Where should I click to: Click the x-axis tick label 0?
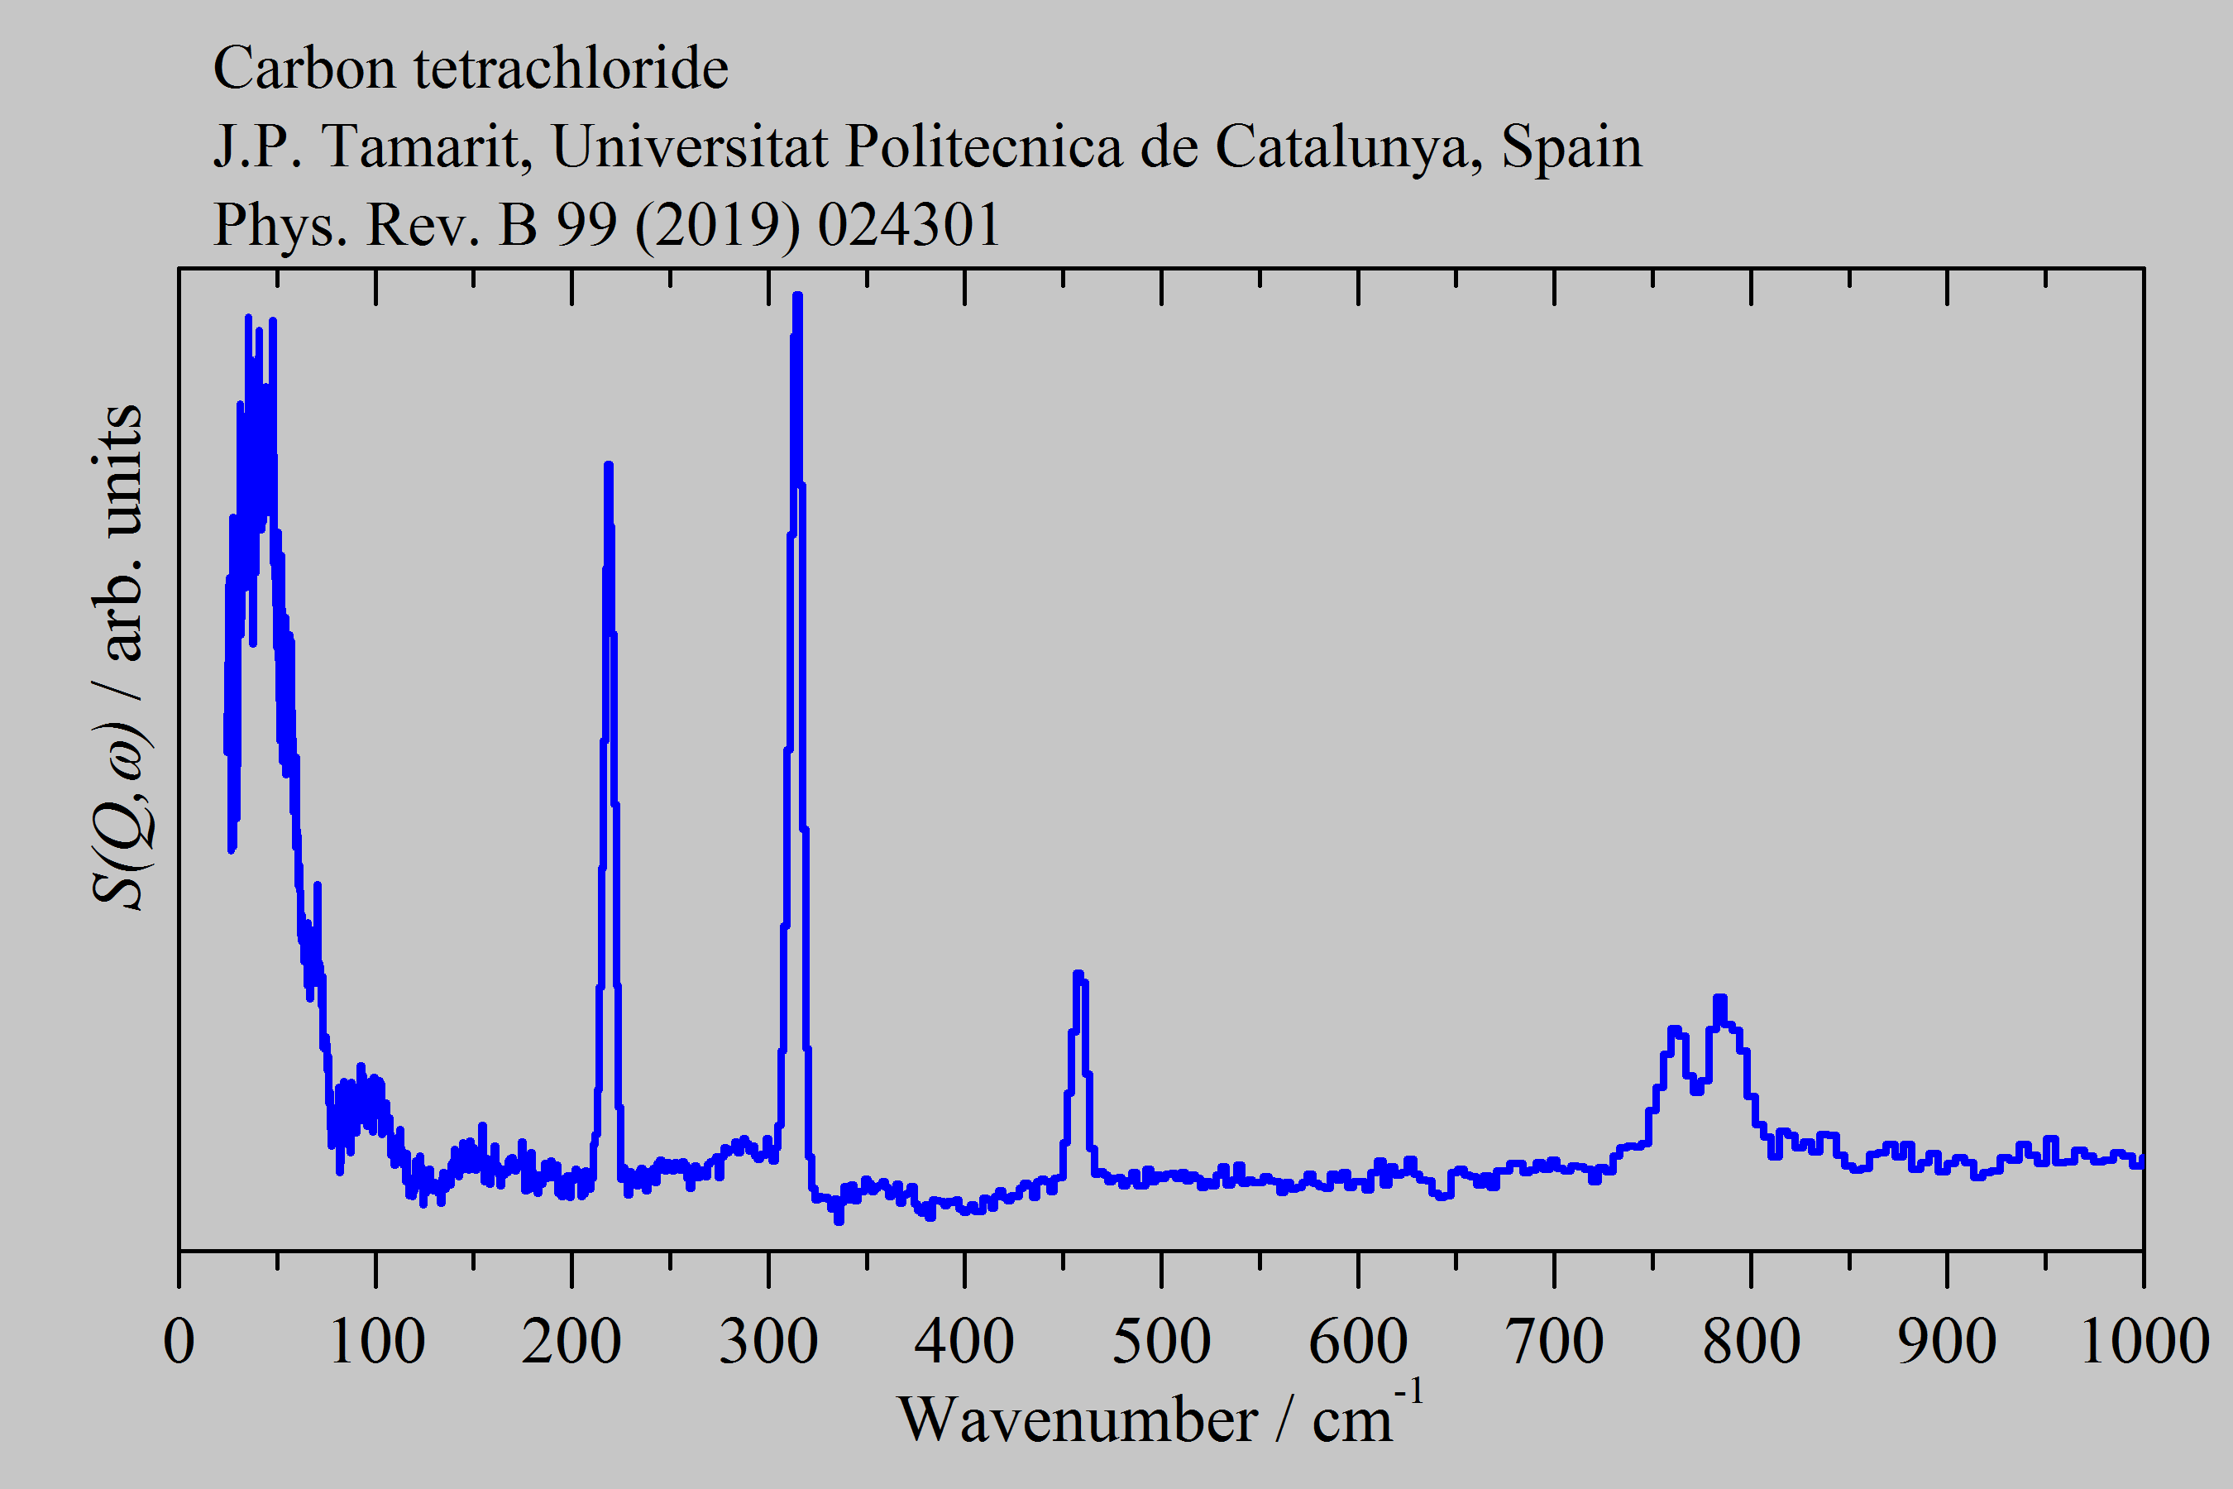[179, 1342]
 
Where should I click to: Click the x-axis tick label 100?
[376, 1342]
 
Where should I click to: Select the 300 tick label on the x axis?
[768, 1342]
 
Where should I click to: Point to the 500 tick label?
[1161, 1342]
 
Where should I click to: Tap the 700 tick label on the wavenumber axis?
[1554, 1342]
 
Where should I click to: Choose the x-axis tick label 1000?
[2144, 1342]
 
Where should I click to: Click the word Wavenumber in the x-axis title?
[1078, 1420]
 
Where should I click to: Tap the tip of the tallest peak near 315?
[797, 296]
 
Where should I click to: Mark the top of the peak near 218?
[609, 465]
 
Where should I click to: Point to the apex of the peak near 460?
[1078, 974]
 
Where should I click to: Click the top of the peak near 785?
[1720, 998]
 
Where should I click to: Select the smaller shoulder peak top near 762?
[1675, 1029]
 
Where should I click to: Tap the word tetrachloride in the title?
[571, 69]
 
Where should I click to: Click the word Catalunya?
[1349, 147]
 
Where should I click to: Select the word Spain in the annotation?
[1571, 147]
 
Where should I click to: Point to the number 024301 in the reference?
[909, 225]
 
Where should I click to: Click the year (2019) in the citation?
[718, 225]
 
